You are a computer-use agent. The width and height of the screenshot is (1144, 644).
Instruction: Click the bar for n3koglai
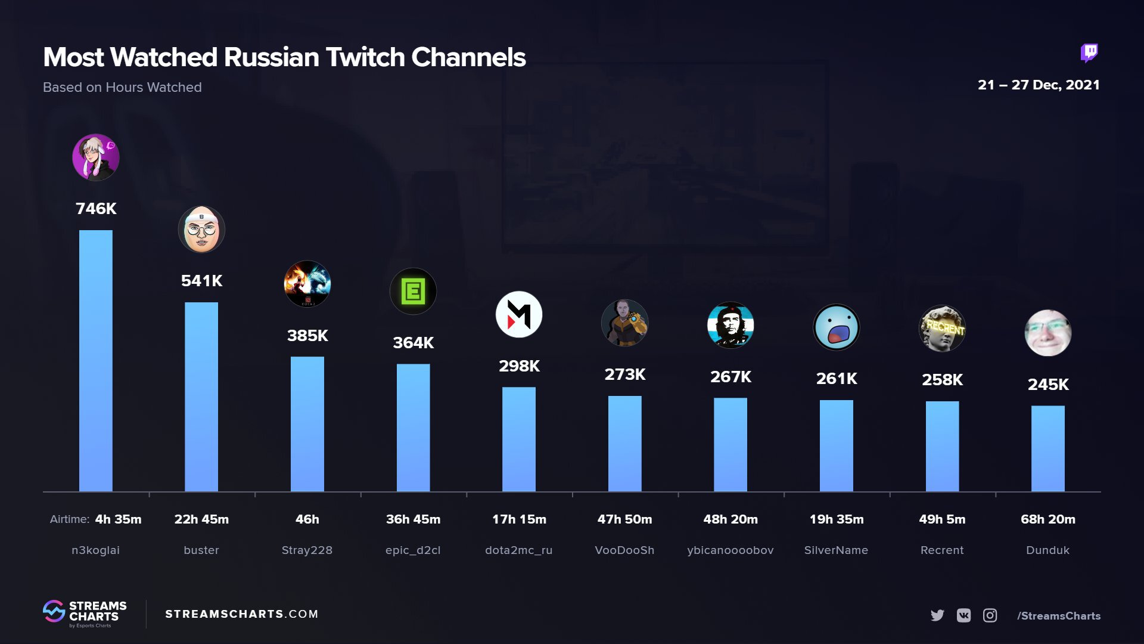coord(95,361)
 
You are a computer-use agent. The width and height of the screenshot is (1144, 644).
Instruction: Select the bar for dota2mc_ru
coord(518,439)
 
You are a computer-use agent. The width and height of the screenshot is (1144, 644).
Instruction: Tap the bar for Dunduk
coord(1047,448)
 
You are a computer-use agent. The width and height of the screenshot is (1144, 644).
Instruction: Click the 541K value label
coord(201,281)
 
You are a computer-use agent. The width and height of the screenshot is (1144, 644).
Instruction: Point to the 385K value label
coord(307,336)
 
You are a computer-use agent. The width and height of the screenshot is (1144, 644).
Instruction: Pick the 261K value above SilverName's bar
coord(837,379)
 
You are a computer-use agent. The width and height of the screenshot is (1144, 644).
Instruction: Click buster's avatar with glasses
coord(201,230)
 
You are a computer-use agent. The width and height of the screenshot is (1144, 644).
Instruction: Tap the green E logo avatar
coord(413,292)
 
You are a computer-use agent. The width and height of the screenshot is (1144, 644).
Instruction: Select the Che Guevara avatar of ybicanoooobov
coord(730,326)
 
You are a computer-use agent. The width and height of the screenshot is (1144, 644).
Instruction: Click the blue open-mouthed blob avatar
coord(837,327)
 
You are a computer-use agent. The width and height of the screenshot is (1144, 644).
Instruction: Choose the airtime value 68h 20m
coord(1047,519)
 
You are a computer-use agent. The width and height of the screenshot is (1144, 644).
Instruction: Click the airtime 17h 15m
coord(519,519)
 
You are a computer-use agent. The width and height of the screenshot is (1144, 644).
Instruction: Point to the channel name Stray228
coord(307,550)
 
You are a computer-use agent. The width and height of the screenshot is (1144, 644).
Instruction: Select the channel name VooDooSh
coord(624,550)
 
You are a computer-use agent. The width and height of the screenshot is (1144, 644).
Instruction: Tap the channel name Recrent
coord(942,550)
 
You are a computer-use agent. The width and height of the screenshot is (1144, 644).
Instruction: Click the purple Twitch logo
coord(1089,53)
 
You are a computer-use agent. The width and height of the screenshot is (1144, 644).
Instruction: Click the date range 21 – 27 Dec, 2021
coord(1039,85)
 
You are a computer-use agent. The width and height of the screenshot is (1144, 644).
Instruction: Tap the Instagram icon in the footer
coord(990,615)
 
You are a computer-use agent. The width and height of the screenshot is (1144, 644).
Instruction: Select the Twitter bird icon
coord(937,615)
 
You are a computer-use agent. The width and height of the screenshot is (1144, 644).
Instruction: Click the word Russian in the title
coord(272,57)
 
